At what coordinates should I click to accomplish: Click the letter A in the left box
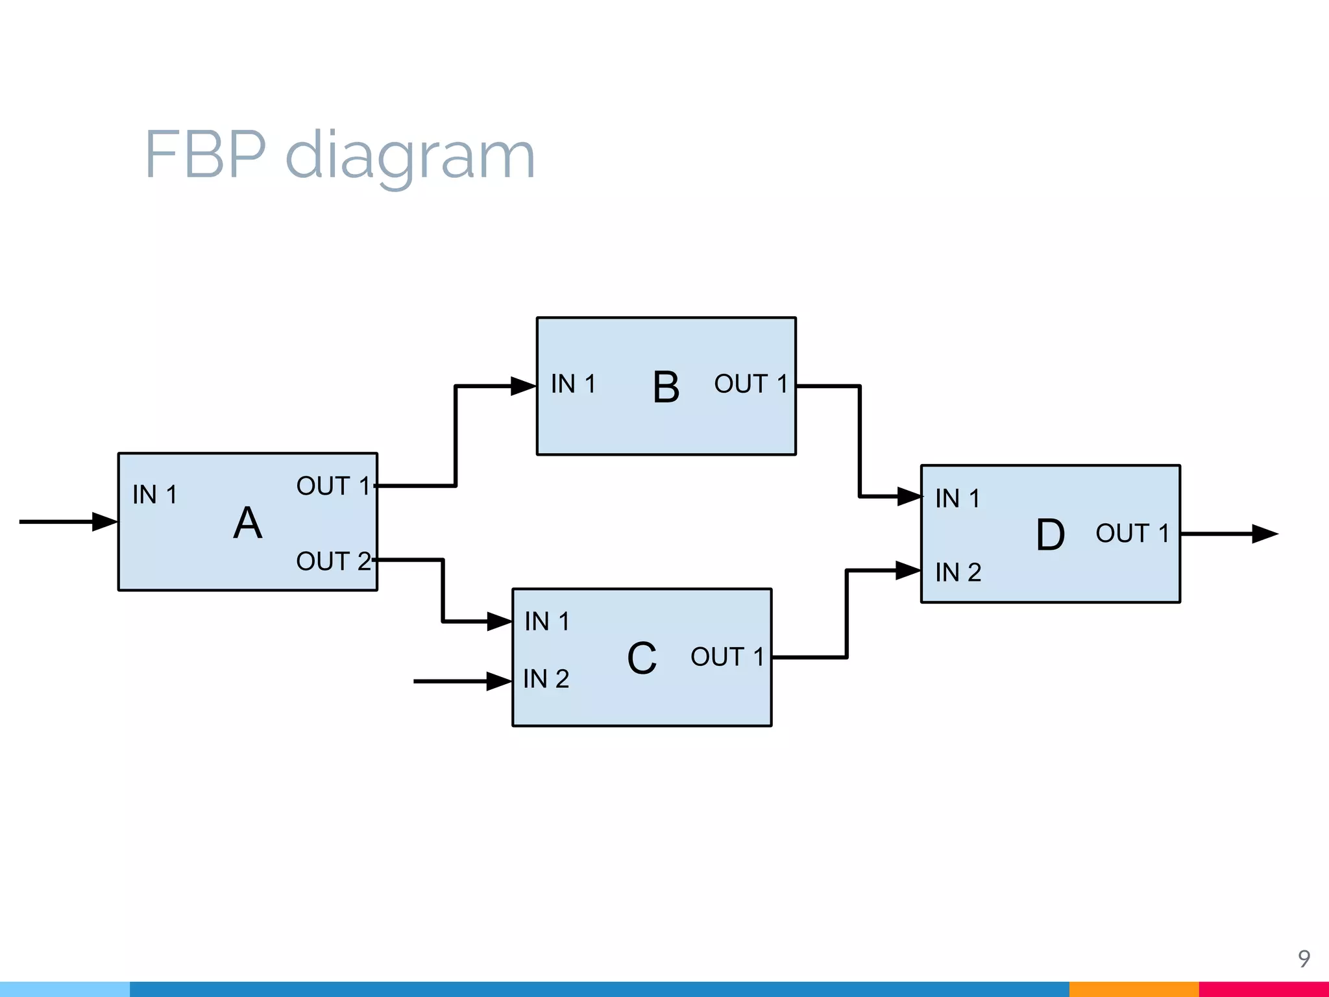(x=248, y=523)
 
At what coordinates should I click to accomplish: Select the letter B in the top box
(x=666, y=388)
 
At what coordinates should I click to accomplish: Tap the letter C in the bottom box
(x=642, y=658)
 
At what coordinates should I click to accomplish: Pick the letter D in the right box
(x=1050, y=535)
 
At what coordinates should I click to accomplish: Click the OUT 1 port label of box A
(x=333, y=486)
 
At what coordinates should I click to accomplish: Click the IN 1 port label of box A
(x=154, y=495)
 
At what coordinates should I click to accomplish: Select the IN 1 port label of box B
(x=573, y=384)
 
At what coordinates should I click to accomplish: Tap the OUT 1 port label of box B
(x=751, y=384)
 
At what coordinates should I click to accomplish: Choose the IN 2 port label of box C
(x=546, y=679)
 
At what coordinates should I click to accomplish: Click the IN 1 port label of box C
(x=547, y=622)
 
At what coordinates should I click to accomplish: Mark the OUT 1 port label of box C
(x=727, y=657)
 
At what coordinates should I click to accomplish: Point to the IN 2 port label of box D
(x=958, y=572)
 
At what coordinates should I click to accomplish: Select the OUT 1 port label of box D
(x=1132, y=534)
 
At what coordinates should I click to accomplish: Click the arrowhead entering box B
(x=523, y=386)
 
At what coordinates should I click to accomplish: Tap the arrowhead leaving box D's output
(x=1264, y=534)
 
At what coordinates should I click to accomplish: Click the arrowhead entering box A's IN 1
(x=104, y=521)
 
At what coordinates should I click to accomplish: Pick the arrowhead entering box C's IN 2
(x=498, y=681)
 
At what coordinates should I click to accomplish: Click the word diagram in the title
(x=410, y=156)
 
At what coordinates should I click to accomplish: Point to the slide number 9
(x=1304, y=958)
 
